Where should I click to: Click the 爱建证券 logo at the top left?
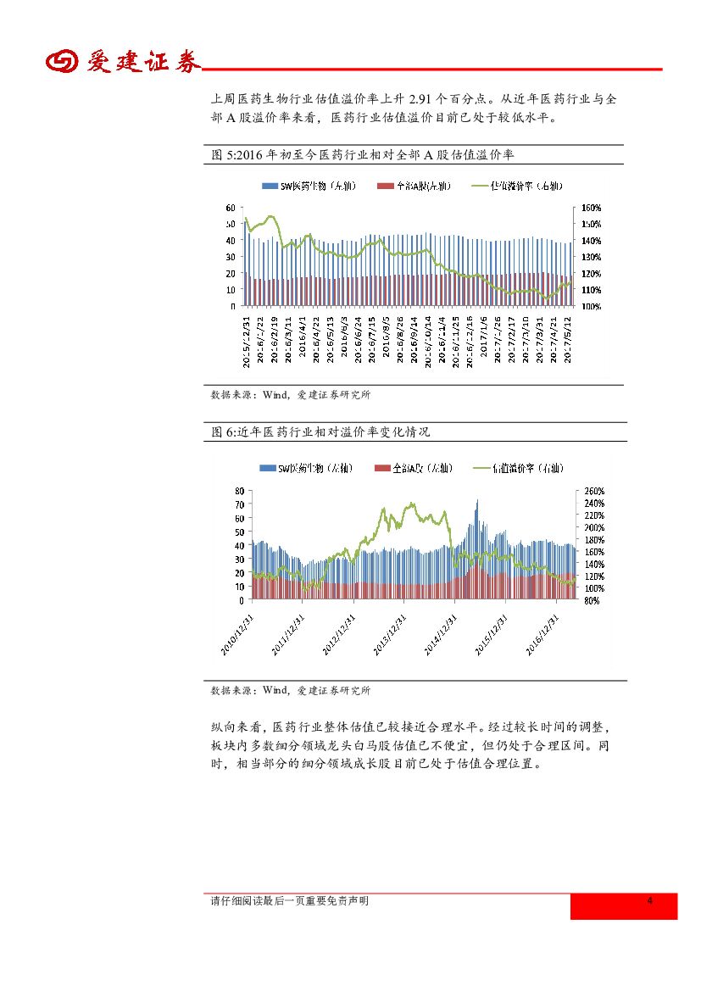122,62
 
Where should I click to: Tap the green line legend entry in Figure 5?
521,186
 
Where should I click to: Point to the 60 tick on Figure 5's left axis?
231,208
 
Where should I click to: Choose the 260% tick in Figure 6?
593,491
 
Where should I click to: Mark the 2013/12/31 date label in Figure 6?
391,632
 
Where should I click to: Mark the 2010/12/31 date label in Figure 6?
239,632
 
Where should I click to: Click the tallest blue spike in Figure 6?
476,503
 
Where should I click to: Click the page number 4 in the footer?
649,900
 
